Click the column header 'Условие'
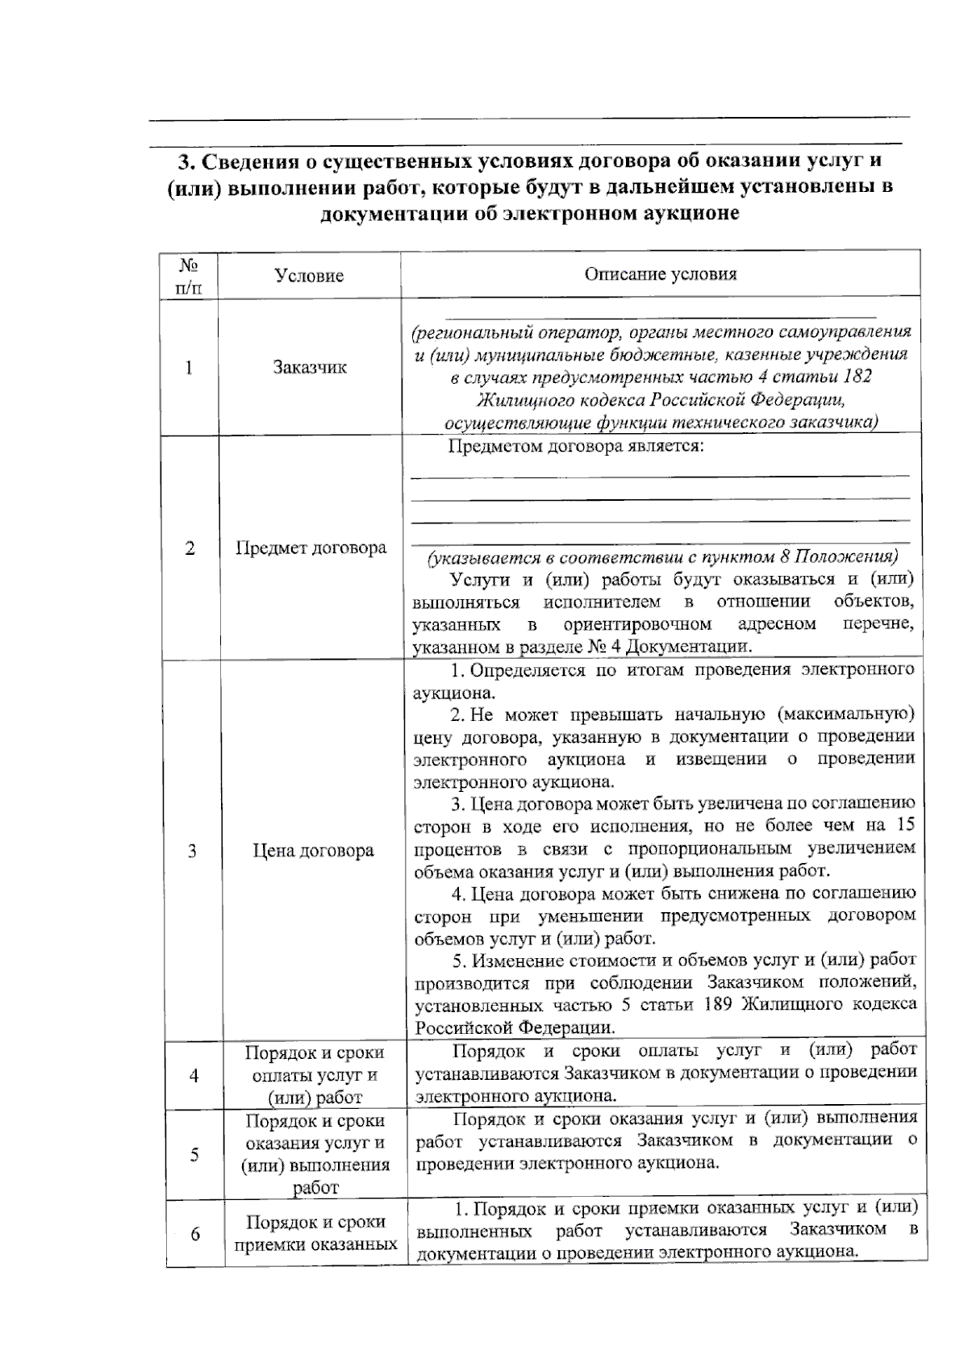(x=309, y=276)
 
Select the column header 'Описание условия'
(x=660, y=273)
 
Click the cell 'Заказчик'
(x=310, y=368)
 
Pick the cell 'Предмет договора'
(x=311, y=548)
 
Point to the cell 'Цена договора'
(x=313, y=851)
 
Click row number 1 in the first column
(x=189, y=368)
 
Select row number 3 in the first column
(x=192, y=851)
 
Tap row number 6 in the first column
(x=195, y=1234)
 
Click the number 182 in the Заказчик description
(x=856, y=377)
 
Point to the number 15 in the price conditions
(x=905, y=825)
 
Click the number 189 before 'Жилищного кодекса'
(x=720, y=1004)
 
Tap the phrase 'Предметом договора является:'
(x=576, y=446)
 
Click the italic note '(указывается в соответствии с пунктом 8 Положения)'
(x=662, y=557)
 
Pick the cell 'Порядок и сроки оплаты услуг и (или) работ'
(x=315, y=1074)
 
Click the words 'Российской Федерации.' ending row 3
(x=515, y=1027)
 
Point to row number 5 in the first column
(x=194, y=1154)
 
